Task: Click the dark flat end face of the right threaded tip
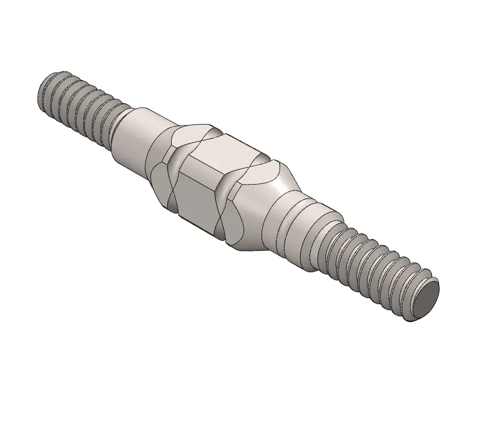(426, 302)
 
